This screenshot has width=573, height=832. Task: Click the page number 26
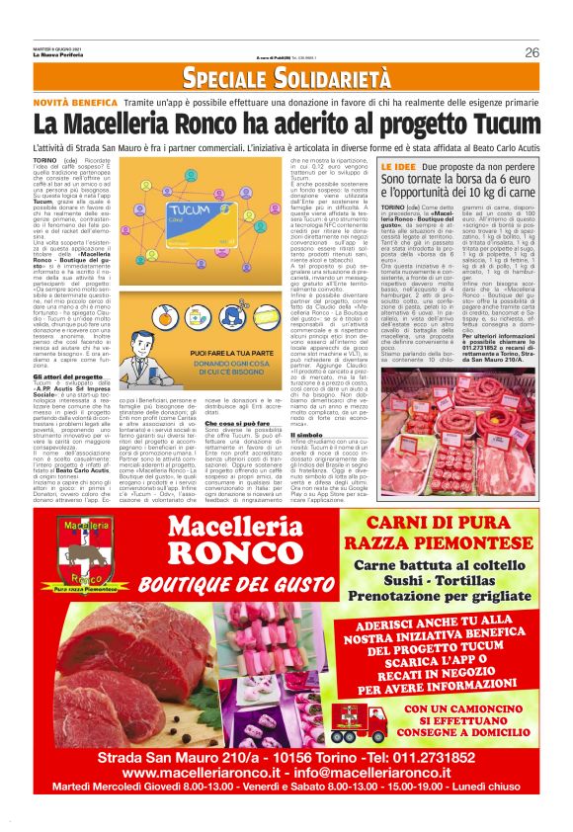pos(532,52)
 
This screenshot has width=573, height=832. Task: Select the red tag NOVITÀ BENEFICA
pos(75,102)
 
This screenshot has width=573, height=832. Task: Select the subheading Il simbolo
pos(305,434)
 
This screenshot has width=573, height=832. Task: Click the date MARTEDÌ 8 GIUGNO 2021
pos(54,47)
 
